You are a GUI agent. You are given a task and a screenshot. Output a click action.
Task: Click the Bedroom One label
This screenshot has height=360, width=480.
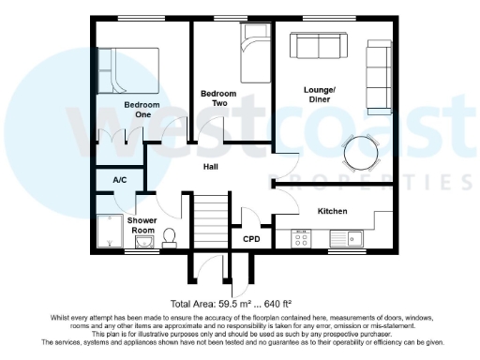click(x=137, y=109)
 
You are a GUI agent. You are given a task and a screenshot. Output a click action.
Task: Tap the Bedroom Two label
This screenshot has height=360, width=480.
click(x=217, y=98)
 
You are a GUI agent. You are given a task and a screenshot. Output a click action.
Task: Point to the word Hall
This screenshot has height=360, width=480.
click(x=212, y=167)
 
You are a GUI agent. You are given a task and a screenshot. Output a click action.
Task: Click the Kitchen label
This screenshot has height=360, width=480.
click(x=333, y=211)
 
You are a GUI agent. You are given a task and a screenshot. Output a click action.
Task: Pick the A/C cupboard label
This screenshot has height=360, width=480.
click(x=120, y=179)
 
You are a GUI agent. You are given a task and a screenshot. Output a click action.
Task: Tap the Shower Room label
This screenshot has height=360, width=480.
click(x=142, y=225)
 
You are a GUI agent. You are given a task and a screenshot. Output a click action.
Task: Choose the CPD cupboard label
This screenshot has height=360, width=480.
click(x=251, y=239)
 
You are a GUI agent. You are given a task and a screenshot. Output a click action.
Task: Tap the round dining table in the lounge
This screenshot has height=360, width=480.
click(x=360, y=150)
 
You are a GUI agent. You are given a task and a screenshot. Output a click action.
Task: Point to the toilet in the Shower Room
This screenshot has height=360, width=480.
click(x=171, y=236)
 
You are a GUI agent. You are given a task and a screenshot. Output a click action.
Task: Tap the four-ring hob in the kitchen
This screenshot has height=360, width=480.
click(x=303, y=240)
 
